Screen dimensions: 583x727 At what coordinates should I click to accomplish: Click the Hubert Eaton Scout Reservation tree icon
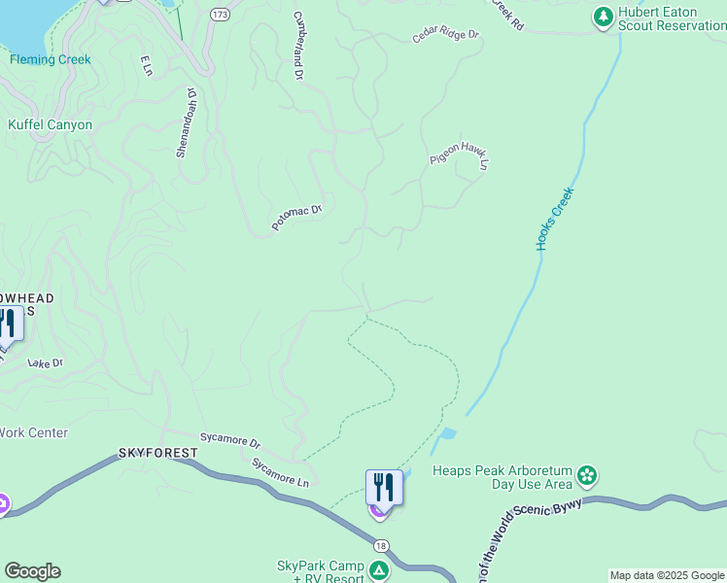603,17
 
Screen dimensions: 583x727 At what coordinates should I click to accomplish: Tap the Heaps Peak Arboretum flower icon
587,476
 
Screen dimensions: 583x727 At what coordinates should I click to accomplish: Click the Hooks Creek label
556,221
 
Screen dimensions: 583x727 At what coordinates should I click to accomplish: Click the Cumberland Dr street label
298,46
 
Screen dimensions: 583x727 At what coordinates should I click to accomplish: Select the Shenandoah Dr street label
186,123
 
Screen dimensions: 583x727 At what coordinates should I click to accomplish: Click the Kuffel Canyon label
50,125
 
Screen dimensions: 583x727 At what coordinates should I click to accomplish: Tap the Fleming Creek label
51,59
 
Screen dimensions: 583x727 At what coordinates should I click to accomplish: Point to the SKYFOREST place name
158,453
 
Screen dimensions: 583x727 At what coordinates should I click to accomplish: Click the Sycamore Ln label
280,472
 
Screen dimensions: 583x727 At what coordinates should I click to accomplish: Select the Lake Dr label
46,363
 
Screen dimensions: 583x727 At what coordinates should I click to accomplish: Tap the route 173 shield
220,15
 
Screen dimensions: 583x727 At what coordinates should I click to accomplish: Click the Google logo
32,571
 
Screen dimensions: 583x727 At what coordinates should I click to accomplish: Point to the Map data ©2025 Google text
667,575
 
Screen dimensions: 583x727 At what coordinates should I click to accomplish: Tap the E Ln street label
147,65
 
